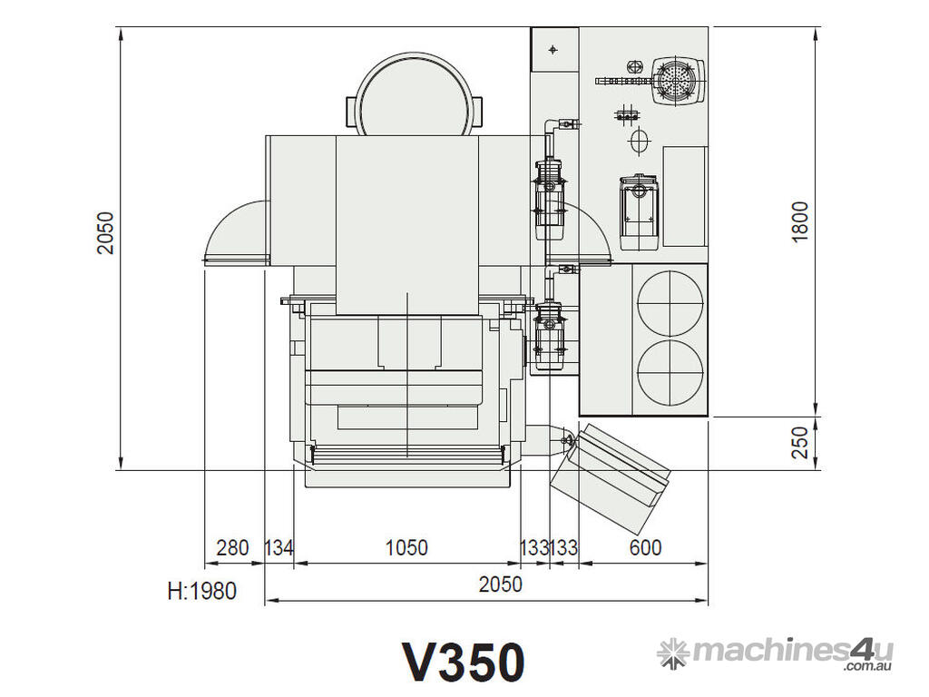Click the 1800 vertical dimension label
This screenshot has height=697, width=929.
[800, 221]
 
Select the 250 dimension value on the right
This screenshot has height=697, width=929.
[800, 442]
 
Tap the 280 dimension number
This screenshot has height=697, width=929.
[232, 547]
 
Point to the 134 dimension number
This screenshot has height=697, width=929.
[279, 547]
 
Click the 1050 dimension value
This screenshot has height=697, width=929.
[406, 547]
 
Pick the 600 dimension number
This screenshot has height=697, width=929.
[645, 547]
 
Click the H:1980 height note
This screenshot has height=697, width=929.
[202, 591]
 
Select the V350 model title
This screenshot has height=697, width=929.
[464, 662]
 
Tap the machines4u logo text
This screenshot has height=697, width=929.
[793, 651]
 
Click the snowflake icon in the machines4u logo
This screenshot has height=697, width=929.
[674, 653]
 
